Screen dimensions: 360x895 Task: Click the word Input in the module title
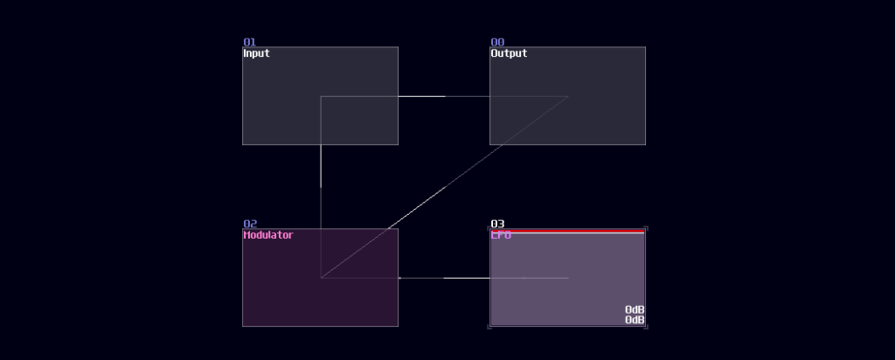(x=256, y=53)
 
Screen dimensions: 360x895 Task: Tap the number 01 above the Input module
(x=249, y=42)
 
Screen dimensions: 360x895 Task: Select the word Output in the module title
(x=509, y=53)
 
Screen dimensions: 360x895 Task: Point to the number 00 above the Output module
(x=496, y=42)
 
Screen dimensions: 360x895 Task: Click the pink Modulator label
(x=267, y=235)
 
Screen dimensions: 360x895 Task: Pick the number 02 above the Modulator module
(x=249, y=224)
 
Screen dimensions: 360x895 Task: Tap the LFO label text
(x=501, y=235)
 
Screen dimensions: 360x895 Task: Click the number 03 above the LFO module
(x=497, y=224)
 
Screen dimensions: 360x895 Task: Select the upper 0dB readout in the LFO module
(x=635, y=310)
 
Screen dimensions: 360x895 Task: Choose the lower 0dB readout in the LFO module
(x=635, y=321)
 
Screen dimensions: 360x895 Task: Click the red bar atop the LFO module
(x=567, y=230)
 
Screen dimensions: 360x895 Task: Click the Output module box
(x=603, y=122)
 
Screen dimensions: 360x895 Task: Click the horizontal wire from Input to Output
(x=444, y=96)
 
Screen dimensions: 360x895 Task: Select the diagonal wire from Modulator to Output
(x=444, y=188)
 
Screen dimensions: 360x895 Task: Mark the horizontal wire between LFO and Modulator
(x=444, y=278)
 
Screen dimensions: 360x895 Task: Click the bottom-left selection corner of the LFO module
(x=489, y=326)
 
